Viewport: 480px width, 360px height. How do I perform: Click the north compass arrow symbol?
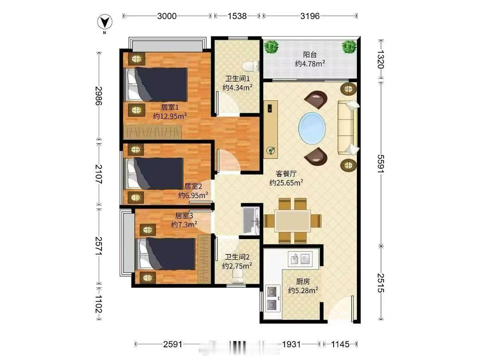point(105,22)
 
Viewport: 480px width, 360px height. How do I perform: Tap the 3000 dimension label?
point(167,16)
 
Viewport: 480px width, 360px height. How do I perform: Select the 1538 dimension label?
point(237,16)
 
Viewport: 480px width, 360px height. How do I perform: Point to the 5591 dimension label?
point(381,164)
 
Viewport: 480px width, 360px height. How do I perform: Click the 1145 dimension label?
point(340,344)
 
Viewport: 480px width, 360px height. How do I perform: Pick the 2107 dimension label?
point(99,174)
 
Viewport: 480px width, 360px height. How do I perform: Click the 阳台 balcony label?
point(310,55)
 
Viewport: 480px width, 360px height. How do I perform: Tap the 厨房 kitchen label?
point(303,282)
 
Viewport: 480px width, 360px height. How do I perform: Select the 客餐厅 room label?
point(286,174)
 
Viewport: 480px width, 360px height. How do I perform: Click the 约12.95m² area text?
point(170,116)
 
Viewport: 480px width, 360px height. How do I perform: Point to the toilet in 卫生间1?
point(251,66)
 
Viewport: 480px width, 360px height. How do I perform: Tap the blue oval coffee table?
point(312,128)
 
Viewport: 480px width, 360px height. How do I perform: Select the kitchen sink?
point(300,259)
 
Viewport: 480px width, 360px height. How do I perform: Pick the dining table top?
point(292,221)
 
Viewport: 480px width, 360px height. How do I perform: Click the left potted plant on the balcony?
point(271,47)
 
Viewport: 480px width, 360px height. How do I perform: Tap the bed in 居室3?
point(166,254)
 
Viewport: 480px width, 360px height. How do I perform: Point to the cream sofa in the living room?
point(348,127)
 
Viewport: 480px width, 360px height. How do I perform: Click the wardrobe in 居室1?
point(152,132)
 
